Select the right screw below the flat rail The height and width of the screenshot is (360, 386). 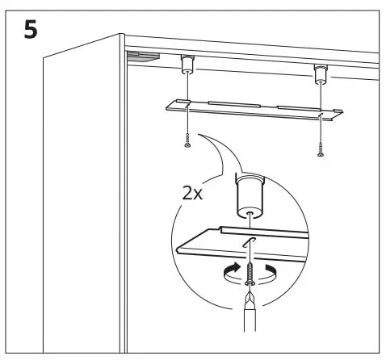[320, 148]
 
